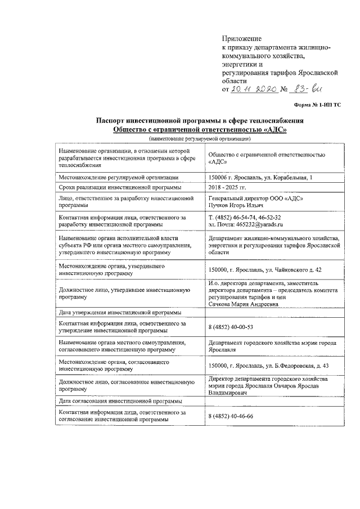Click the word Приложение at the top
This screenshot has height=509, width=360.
239,38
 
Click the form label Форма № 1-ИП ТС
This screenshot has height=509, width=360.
318,105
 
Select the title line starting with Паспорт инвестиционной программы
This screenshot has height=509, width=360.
200,121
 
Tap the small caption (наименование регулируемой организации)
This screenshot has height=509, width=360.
200,138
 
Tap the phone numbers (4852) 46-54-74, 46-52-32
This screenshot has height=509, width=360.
245,217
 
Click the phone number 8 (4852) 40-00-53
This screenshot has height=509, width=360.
231,327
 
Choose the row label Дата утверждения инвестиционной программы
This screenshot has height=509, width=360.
120,313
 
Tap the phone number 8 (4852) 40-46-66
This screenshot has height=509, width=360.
231,416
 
